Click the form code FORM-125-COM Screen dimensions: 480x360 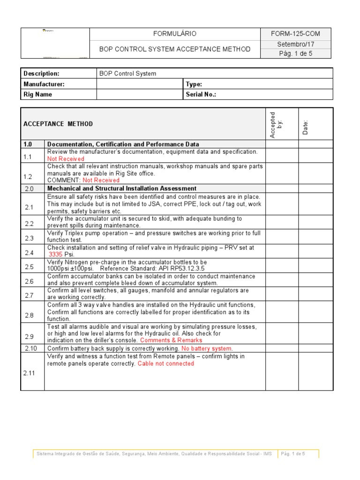point(295,34)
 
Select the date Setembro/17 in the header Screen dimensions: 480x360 point(295,44)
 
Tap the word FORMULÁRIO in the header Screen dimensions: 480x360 point(175,34)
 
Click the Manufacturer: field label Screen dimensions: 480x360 point(44,84)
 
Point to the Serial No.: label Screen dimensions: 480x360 point(202,94)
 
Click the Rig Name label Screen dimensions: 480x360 point(38,94)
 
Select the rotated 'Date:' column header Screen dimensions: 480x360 point(306,127)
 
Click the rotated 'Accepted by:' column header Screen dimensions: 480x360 point(276,125)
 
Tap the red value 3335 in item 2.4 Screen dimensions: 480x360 point(55,254)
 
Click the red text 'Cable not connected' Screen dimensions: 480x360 point(165,363)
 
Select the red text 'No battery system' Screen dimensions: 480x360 point(206,348)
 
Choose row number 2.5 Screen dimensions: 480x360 point(29,267)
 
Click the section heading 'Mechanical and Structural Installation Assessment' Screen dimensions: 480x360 point(122,188)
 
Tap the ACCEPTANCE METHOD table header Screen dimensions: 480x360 point(58,124)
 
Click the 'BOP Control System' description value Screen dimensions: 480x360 point(127,74)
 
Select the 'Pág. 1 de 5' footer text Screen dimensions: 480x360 point(292,453)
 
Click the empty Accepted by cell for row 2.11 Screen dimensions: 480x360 point(282,372)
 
